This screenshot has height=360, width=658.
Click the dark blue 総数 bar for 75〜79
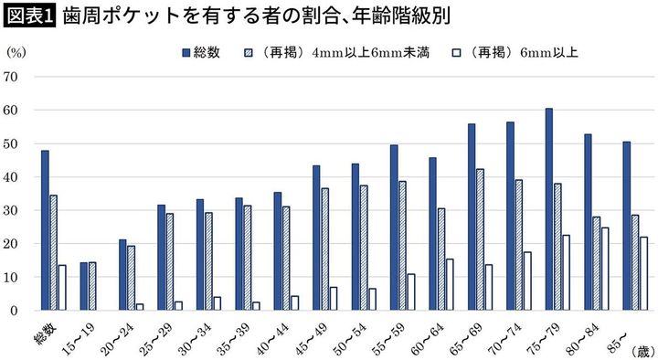pos(549,209)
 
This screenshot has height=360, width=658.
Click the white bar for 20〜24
pos(139,307)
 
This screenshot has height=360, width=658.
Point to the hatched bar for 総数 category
pos(53,252)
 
